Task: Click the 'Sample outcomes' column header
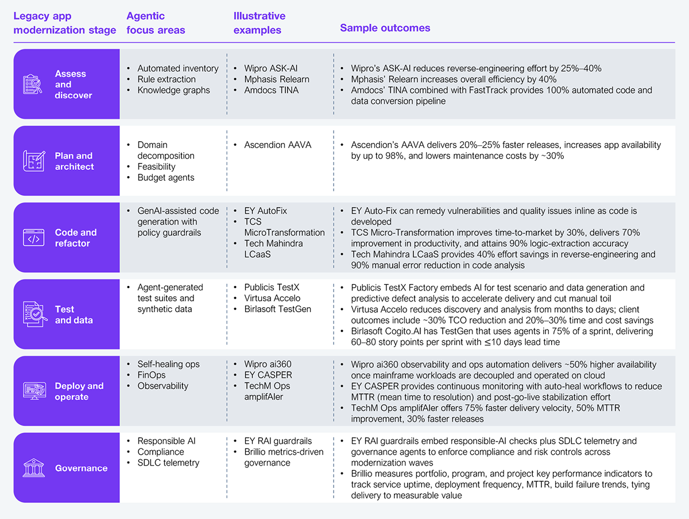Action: click(x=385, y=28)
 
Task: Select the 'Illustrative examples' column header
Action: click(x=259, y=22)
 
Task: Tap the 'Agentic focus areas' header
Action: click(x=156, y=22)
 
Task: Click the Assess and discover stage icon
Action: click(x=33, y=84)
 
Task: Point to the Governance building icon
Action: click(x=34, y=468)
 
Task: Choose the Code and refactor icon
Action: click(x=34, y=238)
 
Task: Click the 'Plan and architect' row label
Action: click(x=74, y=161)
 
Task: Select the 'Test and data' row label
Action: click(x=73, y=315)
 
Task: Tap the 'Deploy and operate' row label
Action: click(x=79, y=392)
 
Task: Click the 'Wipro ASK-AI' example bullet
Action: click(x=272, y=68)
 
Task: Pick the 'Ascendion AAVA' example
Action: click(x=277, y=145)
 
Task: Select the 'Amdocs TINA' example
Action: click(x=271, y=90)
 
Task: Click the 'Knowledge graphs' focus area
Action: click(x=173, y=90)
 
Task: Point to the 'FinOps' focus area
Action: click(x=151, y=375)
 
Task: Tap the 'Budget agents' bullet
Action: click(x=165, y=177)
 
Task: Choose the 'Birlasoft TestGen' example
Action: click(x=277, y=309)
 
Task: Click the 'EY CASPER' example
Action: click(x=268, y=375)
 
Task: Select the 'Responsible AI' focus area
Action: click(x=166, y=441)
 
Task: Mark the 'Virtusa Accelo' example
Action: click(x=272, y=298)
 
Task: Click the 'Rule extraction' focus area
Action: click(x=167, y=79)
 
